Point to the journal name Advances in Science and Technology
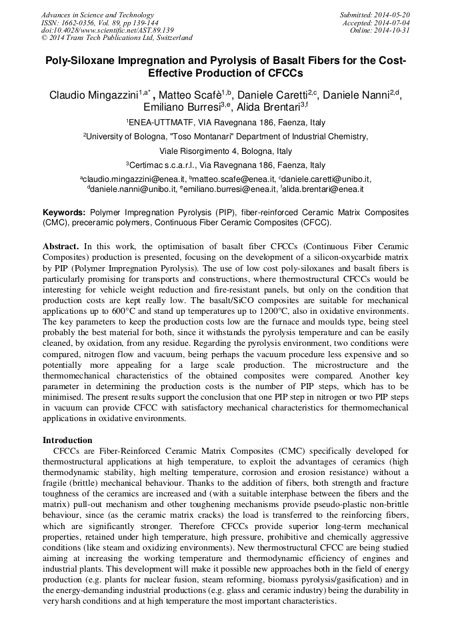pyautogui.click(x=97, y=15)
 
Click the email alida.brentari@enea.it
pyautogui.click(x=323, y=189)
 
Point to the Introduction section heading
pyautogui.click(x=67, y=440)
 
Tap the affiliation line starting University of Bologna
pyautogui.click(x=227, y=137)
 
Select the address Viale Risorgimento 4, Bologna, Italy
pyautogui.click(x=226, y=151)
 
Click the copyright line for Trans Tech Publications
pyautogui.click(x=117, y=38)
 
